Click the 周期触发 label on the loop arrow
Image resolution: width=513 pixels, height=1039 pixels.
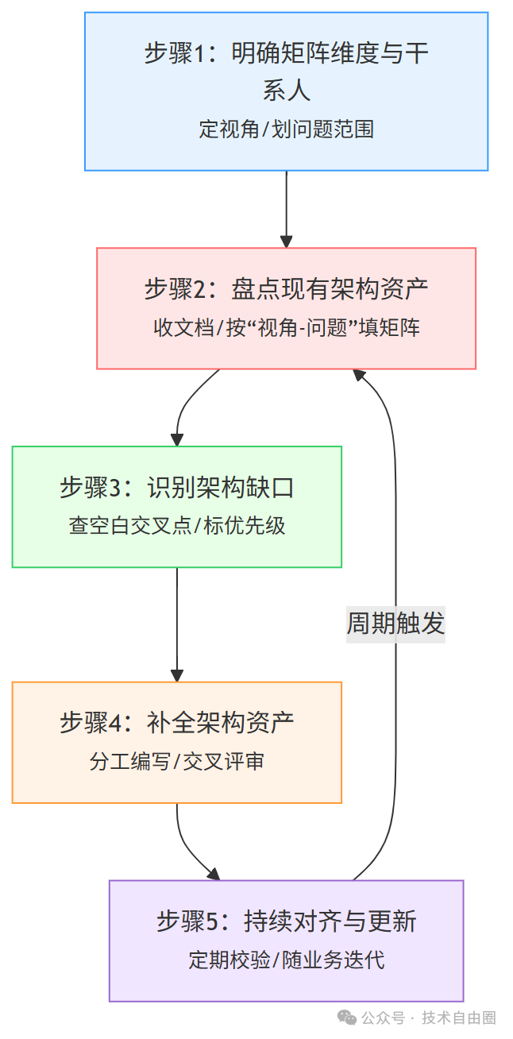395,624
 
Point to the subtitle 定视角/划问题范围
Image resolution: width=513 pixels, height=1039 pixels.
286,129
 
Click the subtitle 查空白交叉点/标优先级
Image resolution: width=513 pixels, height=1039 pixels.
177,526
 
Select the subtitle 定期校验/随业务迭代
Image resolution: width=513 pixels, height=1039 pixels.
286,960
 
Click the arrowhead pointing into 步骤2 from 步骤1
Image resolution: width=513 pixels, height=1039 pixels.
286,241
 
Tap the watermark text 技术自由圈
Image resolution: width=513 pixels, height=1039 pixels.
459,1018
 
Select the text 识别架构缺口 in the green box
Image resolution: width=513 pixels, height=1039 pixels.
221,488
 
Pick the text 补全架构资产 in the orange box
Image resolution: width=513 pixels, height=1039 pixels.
221,723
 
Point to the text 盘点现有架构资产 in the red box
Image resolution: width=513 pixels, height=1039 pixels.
330,289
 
